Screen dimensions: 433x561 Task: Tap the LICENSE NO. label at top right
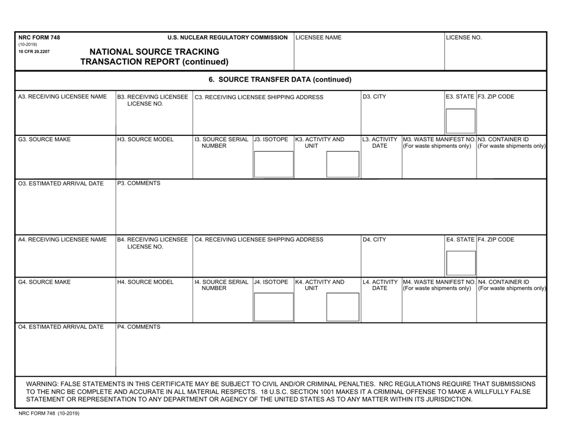point(464,38)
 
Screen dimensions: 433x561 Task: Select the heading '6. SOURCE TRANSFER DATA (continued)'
point(280,79)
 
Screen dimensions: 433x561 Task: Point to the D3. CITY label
point(374,96)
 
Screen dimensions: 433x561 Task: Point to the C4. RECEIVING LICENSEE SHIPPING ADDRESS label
point(259,240)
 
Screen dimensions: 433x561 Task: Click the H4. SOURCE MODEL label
point(145,282)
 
